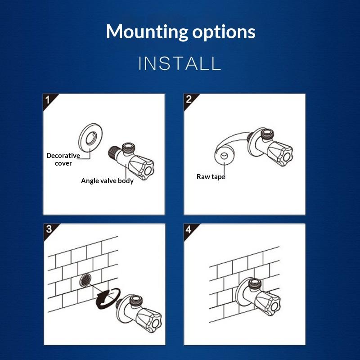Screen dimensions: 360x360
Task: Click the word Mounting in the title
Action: (x=147, y=32)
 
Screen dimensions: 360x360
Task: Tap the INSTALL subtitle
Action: (x=180, y=63)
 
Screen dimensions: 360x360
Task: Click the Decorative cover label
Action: (x=63, y=159)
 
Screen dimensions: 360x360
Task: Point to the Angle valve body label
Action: (x=107, y=181)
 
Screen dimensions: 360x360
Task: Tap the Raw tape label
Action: (x=211, y=176)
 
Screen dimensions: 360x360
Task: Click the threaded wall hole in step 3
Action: (x=85, y=280)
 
